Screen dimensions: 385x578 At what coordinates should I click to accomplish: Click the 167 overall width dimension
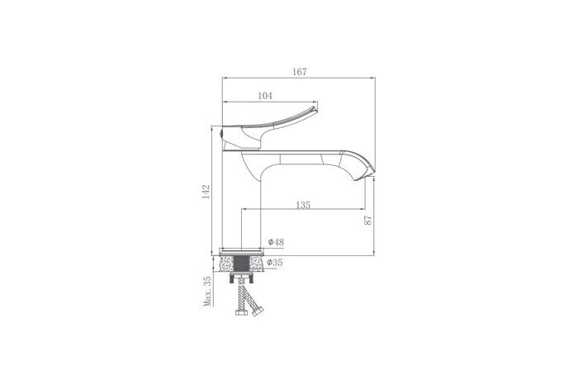[300, 72]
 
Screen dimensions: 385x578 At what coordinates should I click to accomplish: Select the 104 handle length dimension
[265, 97]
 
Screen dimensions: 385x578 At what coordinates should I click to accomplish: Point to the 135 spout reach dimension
[302, 206]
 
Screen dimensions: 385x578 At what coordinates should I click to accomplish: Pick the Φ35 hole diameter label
[276, 263]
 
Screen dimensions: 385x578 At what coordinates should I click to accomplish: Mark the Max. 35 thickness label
[206, 292]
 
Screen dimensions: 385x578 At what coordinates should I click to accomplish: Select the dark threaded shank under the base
[244, 264]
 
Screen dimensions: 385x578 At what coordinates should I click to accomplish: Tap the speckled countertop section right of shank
[258, 264]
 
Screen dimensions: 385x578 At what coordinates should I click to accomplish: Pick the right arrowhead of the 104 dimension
[315, 103]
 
